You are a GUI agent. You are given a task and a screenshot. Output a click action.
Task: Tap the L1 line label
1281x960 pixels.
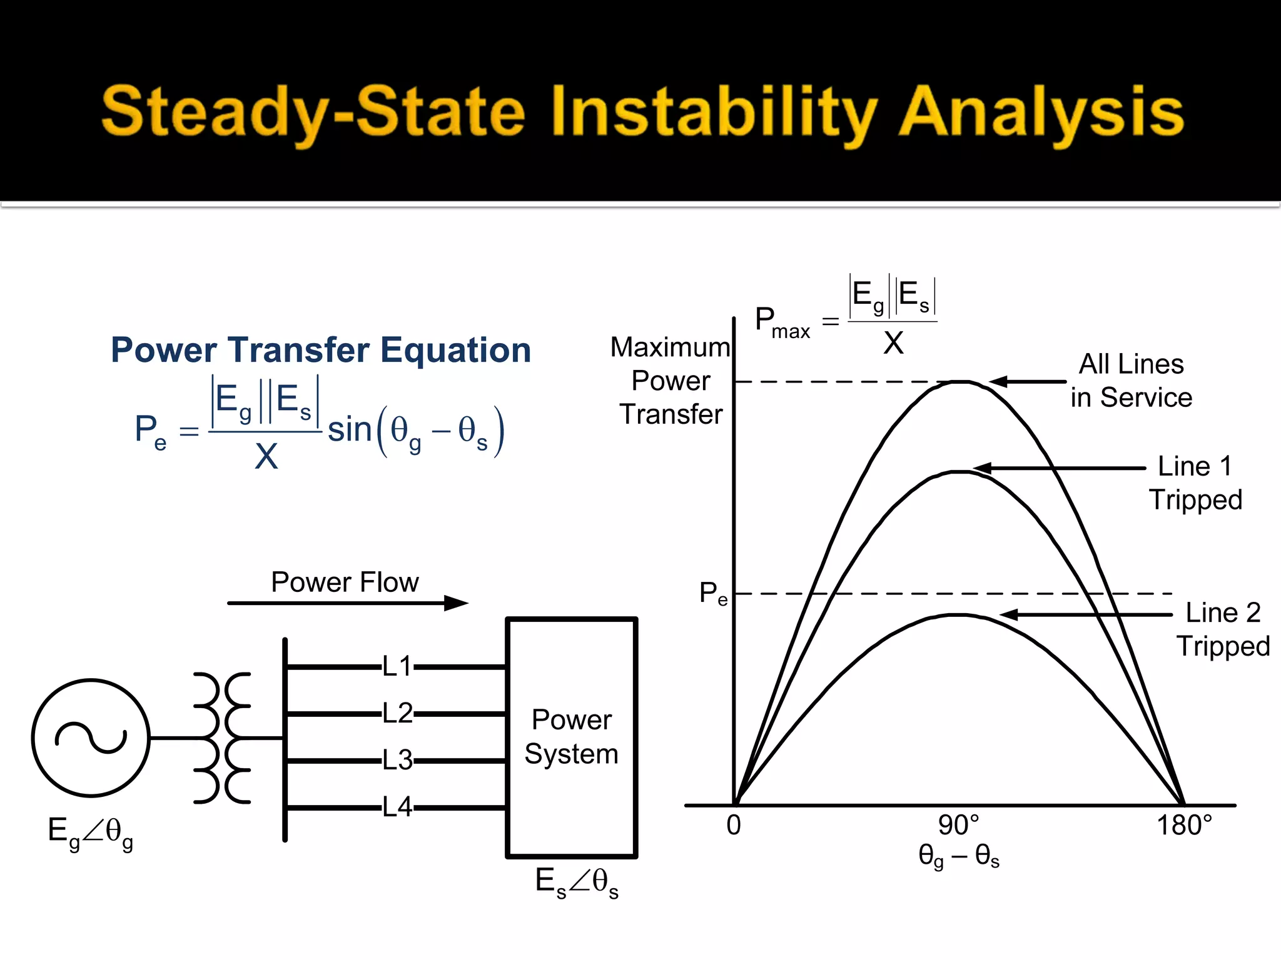point(397,667)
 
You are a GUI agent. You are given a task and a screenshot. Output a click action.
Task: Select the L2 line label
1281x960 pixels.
point(397,713)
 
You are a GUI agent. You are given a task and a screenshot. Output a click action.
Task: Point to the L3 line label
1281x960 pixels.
point(397,761)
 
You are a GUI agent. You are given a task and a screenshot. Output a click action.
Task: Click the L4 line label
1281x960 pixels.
point(397,807)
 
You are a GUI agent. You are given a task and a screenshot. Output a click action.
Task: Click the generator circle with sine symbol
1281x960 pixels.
point(91,737)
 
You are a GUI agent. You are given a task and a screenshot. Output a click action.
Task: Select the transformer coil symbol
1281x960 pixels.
point(222,737)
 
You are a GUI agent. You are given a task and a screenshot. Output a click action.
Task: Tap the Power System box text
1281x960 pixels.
point(571,736)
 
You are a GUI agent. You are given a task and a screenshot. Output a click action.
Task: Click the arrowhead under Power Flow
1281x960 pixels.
point(456,603)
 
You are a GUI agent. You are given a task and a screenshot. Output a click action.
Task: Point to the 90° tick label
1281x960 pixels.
point(958,826)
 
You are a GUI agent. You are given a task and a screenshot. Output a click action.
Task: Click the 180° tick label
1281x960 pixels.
point(1183,826)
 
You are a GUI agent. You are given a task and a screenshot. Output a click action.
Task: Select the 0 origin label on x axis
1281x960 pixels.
point(734,826)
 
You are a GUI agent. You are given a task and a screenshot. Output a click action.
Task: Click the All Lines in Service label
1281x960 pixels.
point(1131,381)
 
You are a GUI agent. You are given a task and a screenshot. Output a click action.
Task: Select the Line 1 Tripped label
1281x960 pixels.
point(1195,483)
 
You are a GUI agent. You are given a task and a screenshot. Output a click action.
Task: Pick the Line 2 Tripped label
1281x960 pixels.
point(1223,629)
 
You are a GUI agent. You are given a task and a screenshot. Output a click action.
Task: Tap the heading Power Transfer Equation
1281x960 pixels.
point(321,350)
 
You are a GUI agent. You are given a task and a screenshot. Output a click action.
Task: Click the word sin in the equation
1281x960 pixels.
point(350,430)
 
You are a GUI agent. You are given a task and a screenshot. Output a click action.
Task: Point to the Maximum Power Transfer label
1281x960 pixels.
point(671,381)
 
